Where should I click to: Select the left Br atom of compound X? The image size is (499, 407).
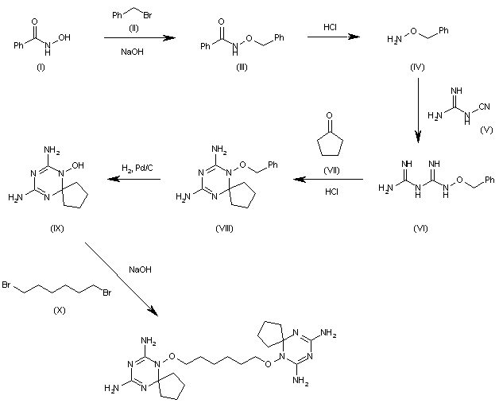6,284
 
